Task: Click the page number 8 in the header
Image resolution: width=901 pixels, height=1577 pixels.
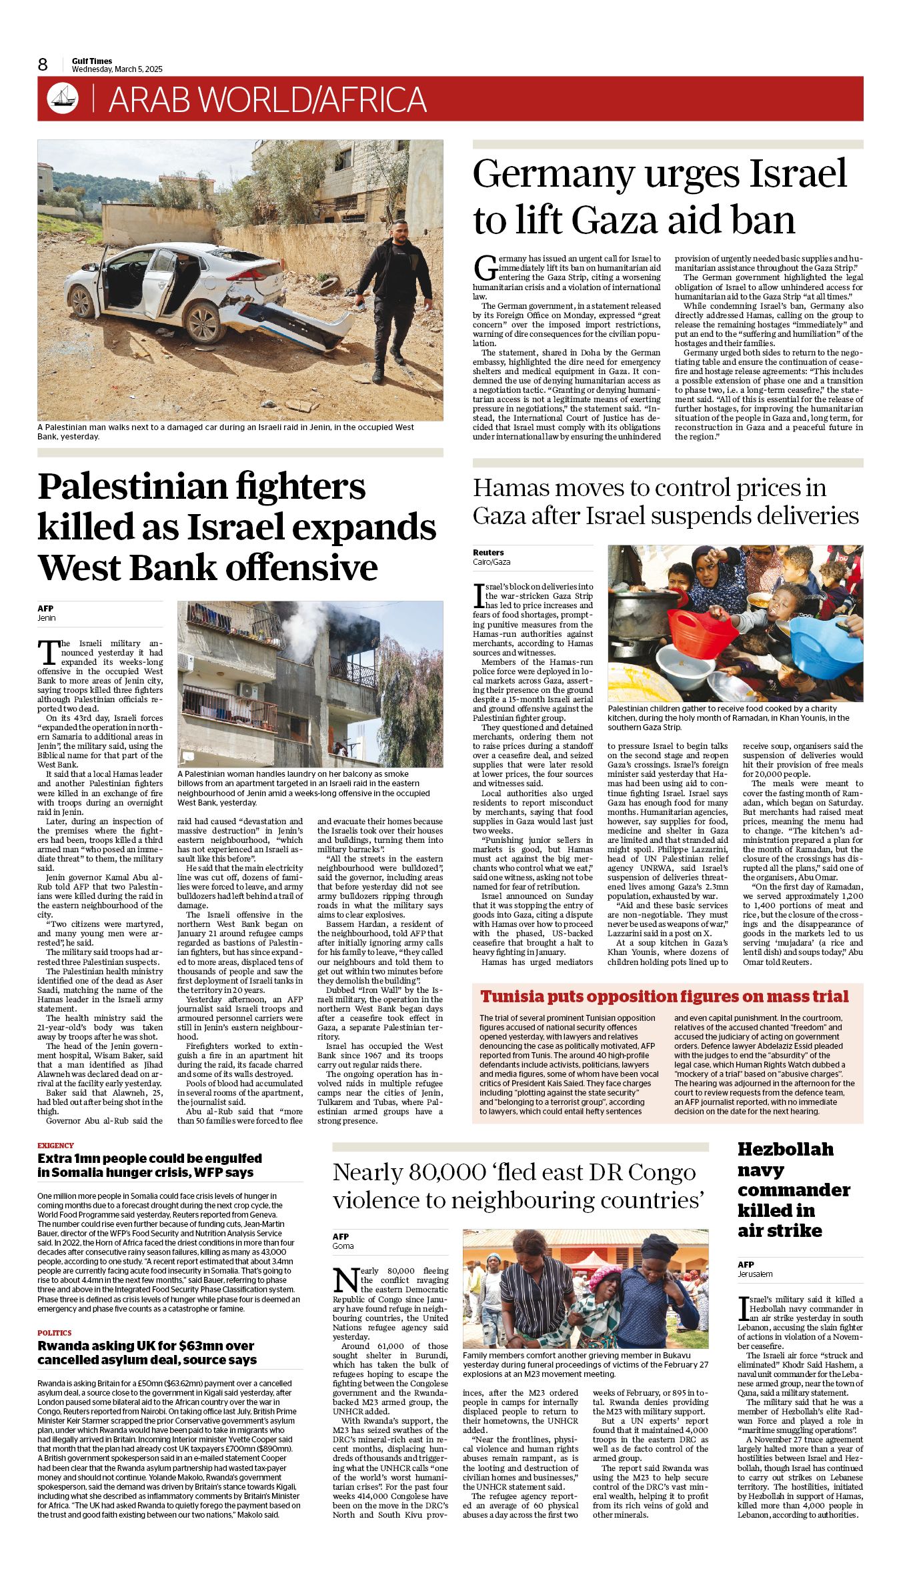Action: [43, 64]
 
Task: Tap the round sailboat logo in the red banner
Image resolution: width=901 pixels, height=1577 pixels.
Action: [63, 99]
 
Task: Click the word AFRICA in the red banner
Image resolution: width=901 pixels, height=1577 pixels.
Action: [373, 99]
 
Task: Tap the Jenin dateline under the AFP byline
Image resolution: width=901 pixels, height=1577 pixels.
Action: [46, 618]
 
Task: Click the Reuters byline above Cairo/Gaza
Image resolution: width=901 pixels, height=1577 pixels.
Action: [488, 552]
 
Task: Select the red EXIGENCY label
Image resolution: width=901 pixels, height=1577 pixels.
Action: [55, 1146]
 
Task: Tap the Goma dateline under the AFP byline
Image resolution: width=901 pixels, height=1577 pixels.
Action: [343, 1246]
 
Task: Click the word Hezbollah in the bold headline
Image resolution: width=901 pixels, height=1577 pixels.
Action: [785, 1149]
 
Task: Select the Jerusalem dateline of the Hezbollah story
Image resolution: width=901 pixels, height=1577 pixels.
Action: [755, 1274]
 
